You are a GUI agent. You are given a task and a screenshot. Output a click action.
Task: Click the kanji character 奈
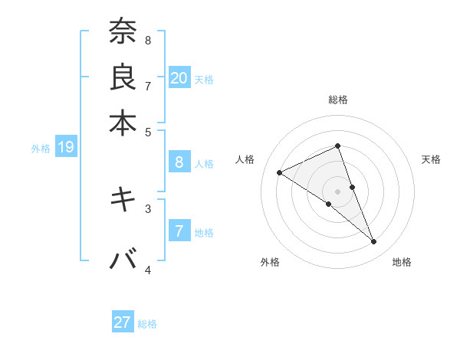(123, 31)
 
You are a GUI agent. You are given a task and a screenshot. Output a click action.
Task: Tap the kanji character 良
(123, 77)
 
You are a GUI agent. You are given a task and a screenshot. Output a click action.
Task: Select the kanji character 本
(123, 122)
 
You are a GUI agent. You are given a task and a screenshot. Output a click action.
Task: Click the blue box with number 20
(179, 77)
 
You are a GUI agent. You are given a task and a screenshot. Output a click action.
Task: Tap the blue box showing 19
(66, 147)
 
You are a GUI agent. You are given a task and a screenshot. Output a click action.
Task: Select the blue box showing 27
(123, 322)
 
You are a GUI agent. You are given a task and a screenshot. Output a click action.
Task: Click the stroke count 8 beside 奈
(148, 40)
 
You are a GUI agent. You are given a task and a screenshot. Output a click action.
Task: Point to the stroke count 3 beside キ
(148, 208)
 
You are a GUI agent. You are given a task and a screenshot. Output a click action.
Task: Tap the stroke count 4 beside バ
(148, 270)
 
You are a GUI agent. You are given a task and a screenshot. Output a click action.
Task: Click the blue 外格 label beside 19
(41, 149)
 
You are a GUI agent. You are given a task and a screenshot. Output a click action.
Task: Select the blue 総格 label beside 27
(147, 324)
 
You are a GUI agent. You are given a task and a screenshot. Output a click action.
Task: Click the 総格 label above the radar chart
(337, 100)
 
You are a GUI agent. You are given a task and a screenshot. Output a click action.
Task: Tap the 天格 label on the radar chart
(431, 159)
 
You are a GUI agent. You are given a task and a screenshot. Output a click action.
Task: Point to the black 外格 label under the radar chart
(270, 262)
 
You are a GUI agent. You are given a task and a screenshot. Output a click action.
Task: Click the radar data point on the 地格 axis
(374, 242)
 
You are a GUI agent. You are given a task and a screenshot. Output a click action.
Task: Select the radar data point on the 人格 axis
(280, 172)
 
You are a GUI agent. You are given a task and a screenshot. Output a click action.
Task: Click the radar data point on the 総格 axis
(337, 146)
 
